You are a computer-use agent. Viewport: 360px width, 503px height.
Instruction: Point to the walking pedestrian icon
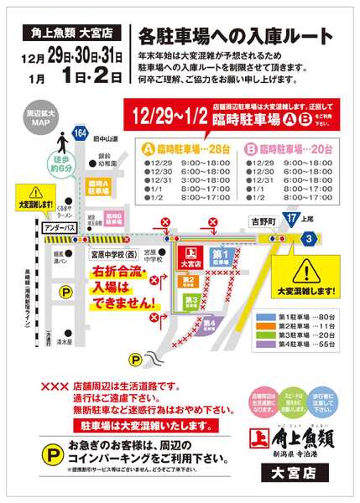pyautogui.click(x=60, y=142)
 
